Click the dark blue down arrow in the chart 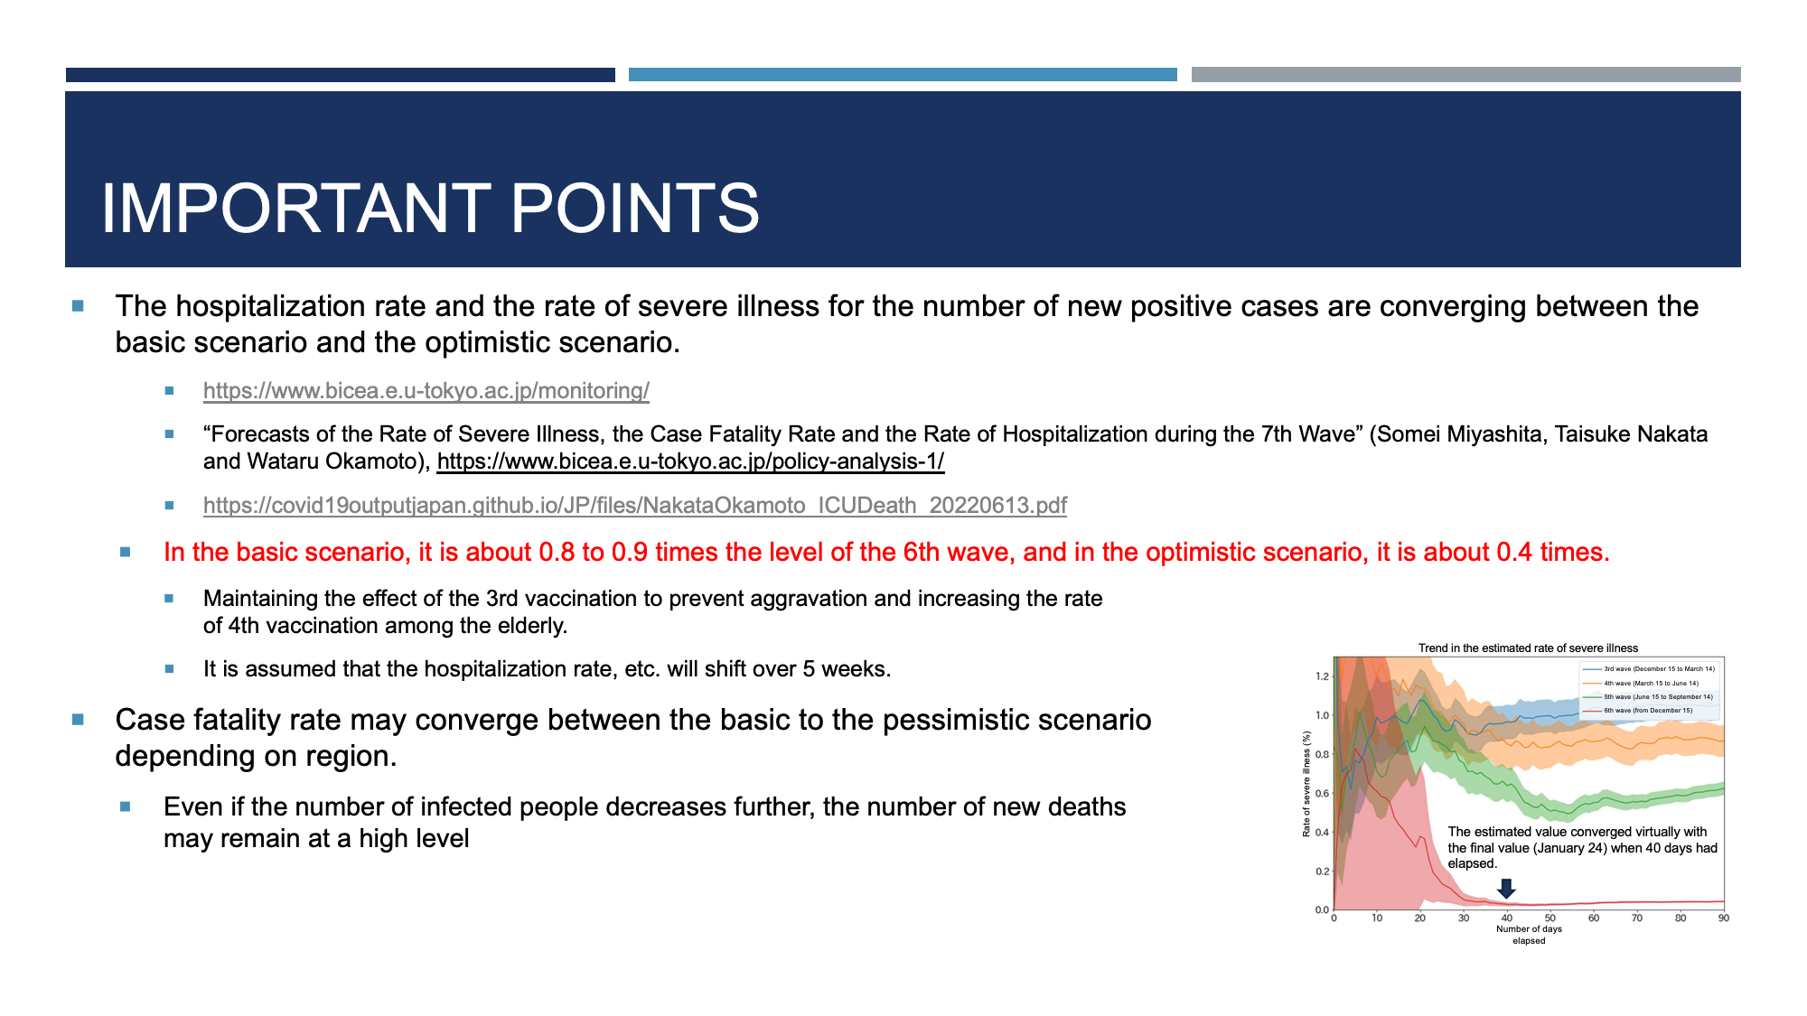click(x=1506, y=889)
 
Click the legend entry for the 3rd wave click(x=1649, y=669)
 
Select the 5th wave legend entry click(x=1648, y=697)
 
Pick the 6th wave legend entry click(x=1638, y=711)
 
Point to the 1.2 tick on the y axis click(x=1322, y=676)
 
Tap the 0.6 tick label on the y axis click(x=1322, y=794)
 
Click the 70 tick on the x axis click(x=1637, y=918)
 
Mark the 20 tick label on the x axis click(x=1420, y=918)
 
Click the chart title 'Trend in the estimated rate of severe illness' click(x=1528, y=648)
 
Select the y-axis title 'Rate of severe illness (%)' click(x=1306, y=784)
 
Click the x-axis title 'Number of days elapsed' click(x=1529, y=935)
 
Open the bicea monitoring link click(x=426, y=391)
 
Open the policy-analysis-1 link click(x=690, y=461)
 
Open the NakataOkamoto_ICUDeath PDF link click(x=635, y=505)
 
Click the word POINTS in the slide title click(x=635, y=209)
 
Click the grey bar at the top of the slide click(x=1465, y=75)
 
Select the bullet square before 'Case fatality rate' click(x=78, y=720)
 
